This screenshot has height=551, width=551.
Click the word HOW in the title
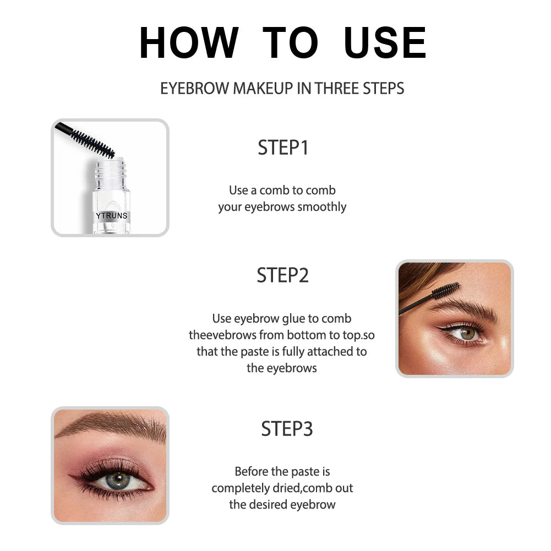click(x=189, y=42)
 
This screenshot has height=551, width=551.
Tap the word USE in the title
click(x=385, y=42)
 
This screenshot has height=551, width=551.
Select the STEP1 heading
click(x=283, y=148)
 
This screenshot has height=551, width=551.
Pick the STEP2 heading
click(x=282, y=275)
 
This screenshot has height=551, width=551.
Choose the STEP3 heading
click(x=287, y=429)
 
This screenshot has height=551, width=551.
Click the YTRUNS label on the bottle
click(x=111, y=216)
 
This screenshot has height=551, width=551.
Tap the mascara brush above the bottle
click(x=91, y=140)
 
